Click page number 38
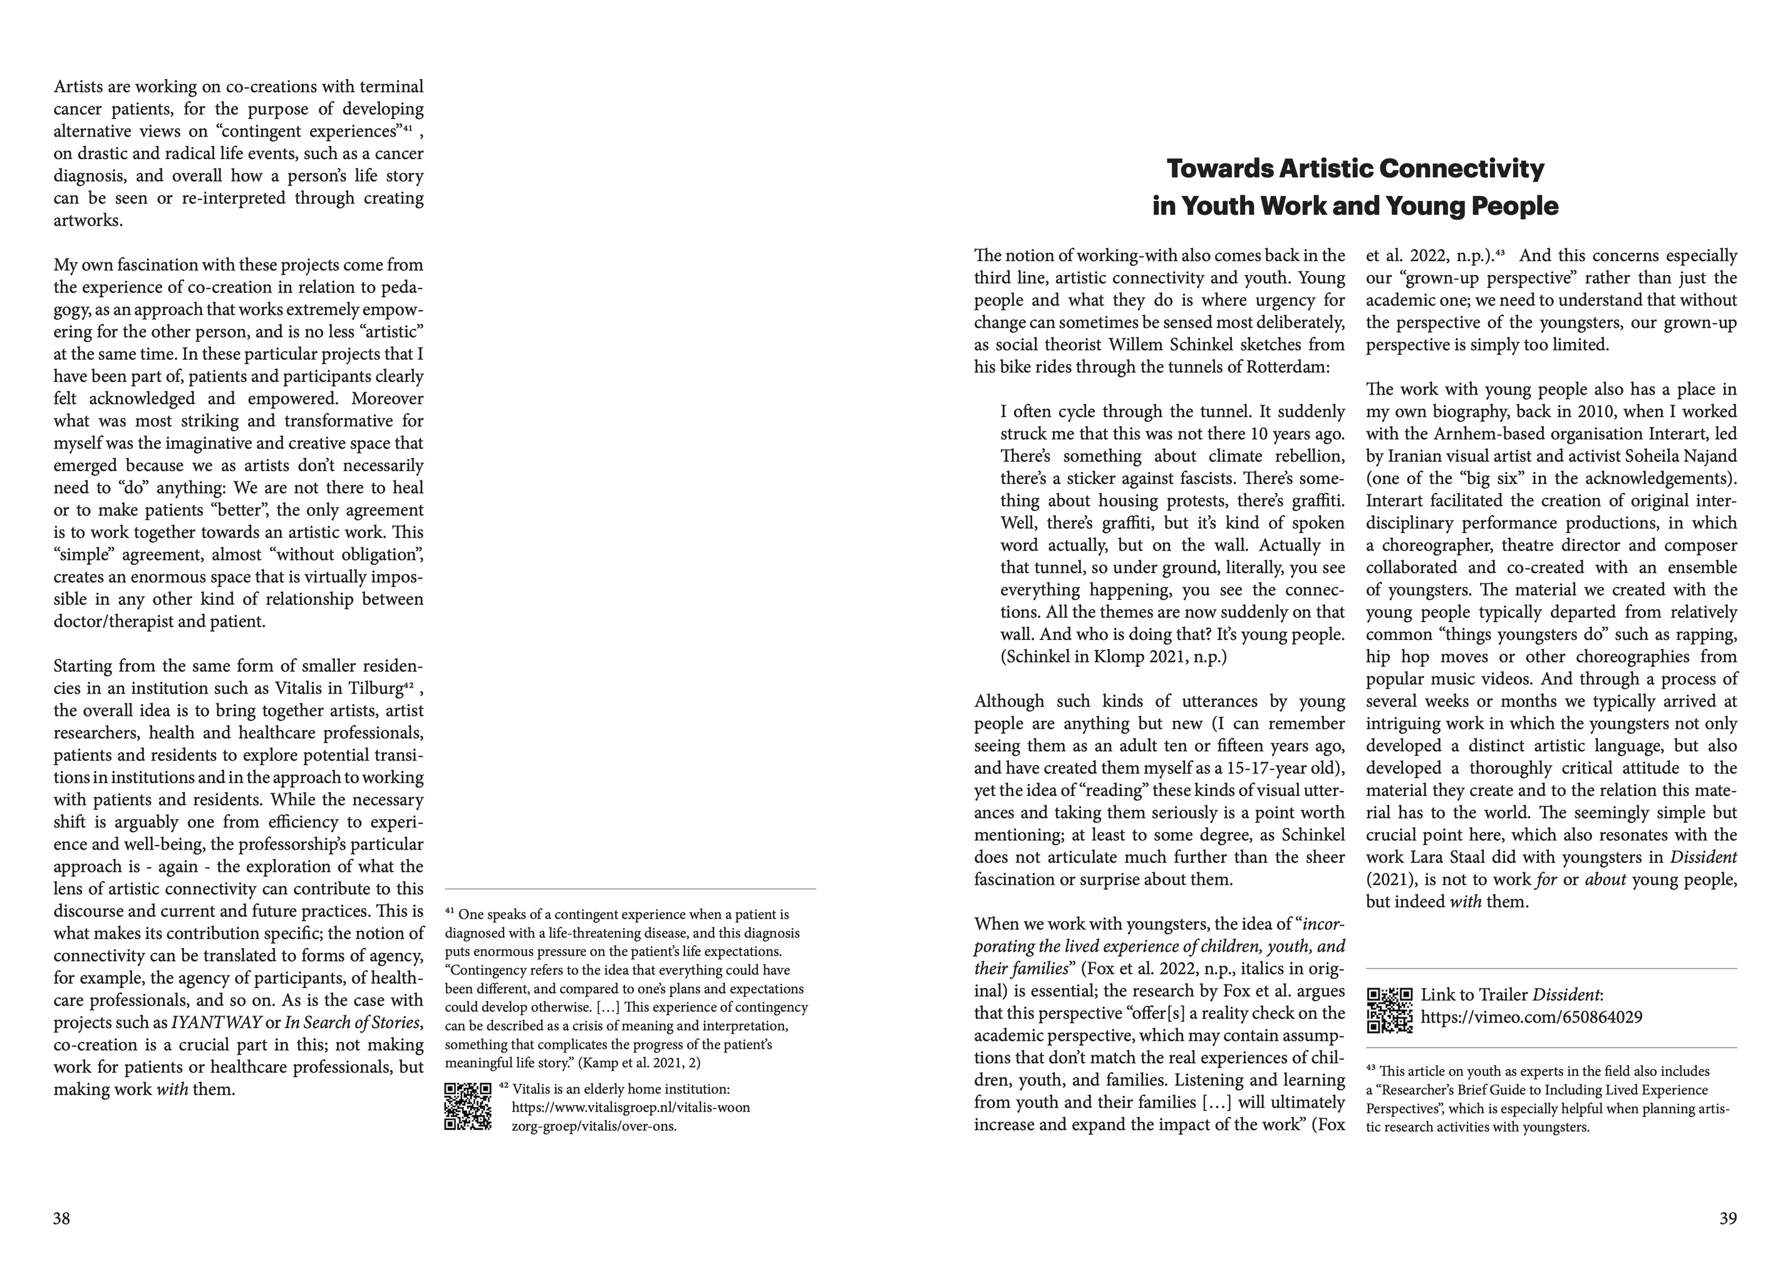coord(61,1219)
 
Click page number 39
coord(1727,1219)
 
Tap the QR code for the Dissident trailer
coord(1389,1011)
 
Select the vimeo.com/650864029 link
coord(1531,1018)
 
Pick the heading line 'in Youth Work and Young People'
coord(1355,207)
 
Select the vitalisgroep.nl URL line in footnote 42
coord(631,1108)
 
